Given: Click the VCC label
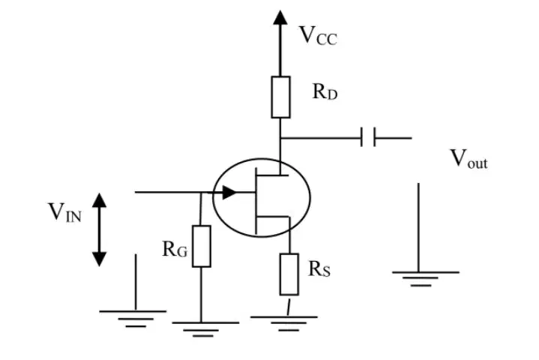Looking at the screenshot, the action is pyautogui.click(x=319, y=35).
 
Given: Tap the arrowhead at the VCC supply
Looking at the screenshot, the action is pyautogui.click(x=280, y=17).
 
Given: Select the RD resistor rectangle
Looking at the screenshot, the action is pyautogui.click(x=280, y=97).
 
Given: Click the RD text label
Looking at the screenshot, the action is pyautogui.click(x=325, y=91).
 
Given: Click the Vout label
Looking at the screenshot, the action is pyautogui.click(x=469, y=159).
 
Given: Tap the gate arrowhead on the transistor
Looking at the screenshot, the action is pyautogui.click(x=229, y=192).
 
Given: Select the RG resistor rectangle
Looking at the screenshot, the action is pyautogui.click(x=202, y=246).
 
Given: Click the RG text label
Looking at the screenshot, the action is pyautogui.click(x=175, y=249).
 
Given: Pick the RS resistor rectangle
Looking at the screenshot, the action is pyautogui.click(x=289, y=274).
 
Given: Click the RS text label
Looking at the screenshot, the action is pyautogui.click(x=319, y=269).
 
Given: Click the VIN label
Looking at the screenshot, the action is pyautogui.click(x=64, y=211).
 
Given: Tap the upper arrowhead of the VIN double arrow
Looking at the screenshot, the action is pyautogui.click(x=100, y=200).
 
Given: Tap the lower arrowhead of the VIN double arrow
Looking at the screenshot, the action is pyautogui.click(x=100, y=259).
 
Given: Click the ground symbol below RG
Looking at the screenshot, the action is pyautogui.click(x=205, y=329).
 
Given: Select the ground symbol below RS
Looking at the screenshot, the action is pyautogui.click(x=284, y=323).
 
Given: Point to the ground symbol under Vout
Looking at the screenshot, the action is pyautogui.click(x=426, y=279).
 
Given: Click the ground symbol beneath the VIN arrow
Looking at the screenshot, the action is pyautogui.click(x=133, y=319).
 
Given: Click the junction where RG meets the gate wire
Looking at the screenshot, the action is pyautogui.click(x=201, y=193).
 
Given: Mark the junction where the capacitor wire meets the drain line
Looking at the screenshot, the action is pyautogui.click(x=280, y=138).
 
